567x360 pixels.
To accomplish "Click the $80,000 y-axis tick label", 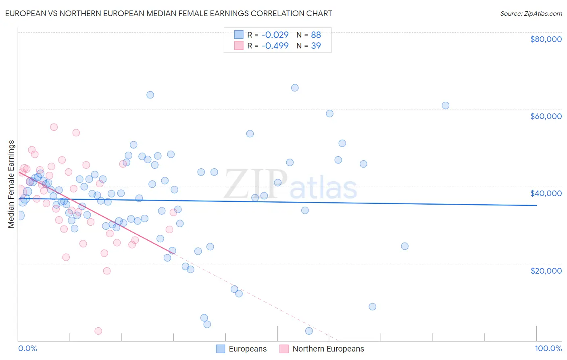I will click(546, 39).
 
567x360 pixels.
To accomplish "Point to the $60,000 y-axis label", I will click(546, 116).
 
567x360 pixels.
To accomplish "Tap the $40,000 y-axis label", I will click(546, 193).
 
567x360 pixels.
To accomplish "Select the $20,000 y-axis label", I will click(546, 270).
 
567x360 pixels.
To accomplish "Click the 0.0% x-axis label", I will click(27, 348).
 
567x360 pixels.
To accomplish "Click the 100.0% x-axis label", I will click(548, 348).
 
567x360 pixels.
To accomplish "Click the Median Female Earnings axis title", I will click(11, 184).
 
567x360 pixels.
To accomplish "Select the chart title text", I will click(169, 13).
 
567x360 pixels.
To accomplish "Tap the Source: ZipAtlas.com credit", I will click(531, 13).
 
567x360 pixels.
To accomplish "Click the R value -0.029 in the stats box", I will click(275, 35).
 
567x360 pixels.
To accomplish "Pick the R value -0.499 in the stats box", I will click(275, 46).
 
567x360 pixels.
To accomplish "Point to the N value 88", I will click(316, 35).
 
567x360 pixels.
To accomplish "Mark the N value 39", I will click(316, 46).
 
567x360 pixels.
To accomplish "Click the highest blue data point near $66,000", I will click(295, 88).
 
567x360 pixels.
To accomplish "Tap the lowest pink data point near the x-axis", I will click(98, 331).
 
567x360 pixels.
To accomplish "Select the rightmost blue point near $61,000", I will click(446, 105).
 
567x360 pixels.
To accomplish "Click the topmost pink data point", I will click(54, 127).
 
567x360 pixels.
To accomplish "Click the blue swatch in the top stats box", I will click(239, 35).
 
